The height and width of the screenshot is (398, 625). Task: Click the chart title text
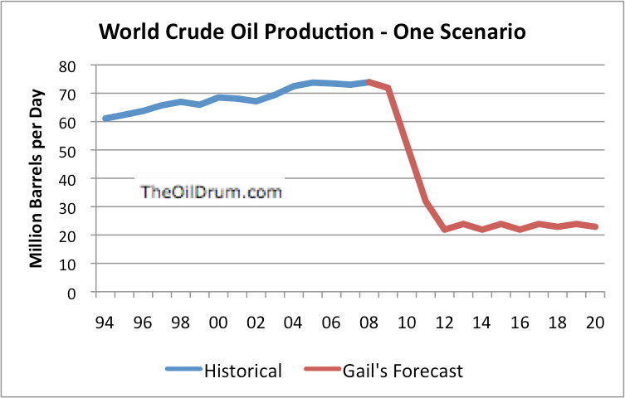pos(312,33)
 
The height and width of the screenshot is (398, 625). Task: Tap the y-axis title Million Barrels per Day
pos(37,178)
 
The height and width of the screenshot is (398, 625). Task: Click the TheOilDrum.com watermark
pos(211,192)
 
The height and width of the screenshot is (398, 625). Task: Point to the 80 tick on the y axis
pos(75,66)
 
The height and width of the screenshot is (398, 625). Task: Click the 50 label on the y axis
pos(75,151)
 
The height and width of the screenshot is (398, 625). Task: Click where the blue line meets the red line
pos(368,81)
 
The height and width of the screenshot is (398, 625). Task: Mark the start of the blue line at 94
pos(105,119)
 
